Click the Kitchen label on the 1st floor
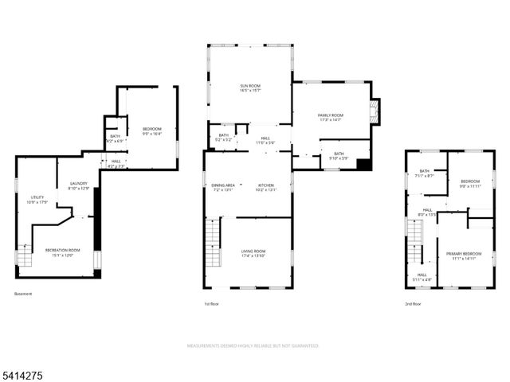click(x=265, y=185)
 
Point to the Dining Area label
click(x=223, y=185)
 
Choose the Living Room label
click(x=253, y=251)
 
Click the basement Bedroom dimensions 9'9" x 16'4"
click(x=151, y=134)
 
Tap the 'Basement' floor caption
click(x=23, y=294)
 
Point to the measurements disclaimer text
click(x=253, y=346)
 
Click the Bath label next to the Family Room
click(x=339, y=154)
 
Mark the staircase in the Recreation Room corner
click(x=24, y=257)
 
